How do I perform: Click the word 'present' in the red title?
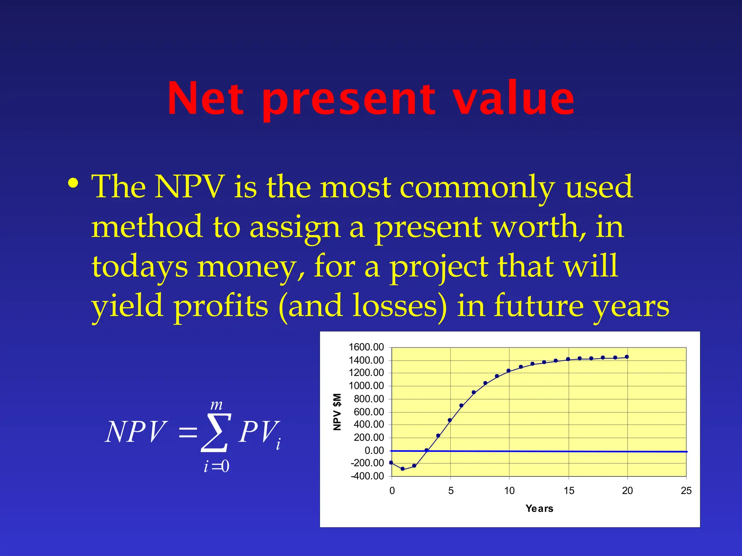pos(349,100)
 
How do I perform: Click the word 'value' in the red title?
pos(513,98)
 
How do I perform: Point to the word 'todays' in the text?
pos(139,267)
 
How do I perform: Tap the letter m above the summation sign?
pos(217,405)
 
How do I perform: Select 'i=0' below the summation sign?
pos(217,466)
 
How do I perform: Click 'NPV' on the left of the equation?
pos(136,432)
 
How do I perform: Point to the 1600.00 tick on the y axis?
pos(366,347)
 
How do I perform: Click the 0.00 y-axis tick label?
pos(374,451)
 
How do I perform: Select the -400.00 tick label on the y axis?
pos(367,476)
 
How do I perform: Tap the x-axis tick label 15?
pos(569,491)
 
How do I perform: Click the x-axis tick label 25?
pos(686,491)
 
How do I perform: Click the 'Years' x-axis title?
pos(539,509)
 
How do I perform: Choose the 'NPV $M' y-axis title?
pos(337,412)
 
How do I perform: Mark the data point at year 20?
pos(627,357)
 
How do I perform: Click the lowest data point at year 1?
pos(403,469)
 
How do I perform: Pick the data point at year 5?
pos(450,420)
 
